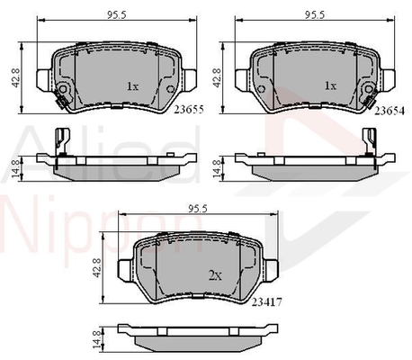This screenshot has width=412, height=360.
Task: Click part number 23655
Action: coord(189,109)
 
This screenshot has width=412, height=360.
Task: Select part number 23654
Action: coord(390,111)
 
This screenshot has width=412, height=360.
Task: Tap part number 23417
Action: coord(267,302)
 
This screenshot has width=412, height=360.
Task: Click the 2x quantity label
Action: coord(215,275)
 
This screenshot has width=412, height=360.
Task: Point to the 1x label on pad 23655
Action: coord(132,86)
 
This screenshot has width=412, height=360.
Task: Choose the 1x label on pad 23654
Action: coord(330,86)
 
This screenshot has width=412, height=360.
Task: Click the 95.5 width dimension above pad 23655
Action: coord(117,15)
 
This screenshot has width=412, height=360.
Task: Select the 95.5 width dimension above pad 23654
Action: coord(315,15)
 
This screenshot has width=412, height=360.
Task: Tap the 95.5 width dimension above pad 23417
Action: coord(198,209)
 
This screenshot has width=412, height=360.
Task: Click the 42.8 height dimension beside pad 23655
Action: coord(16,78)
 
